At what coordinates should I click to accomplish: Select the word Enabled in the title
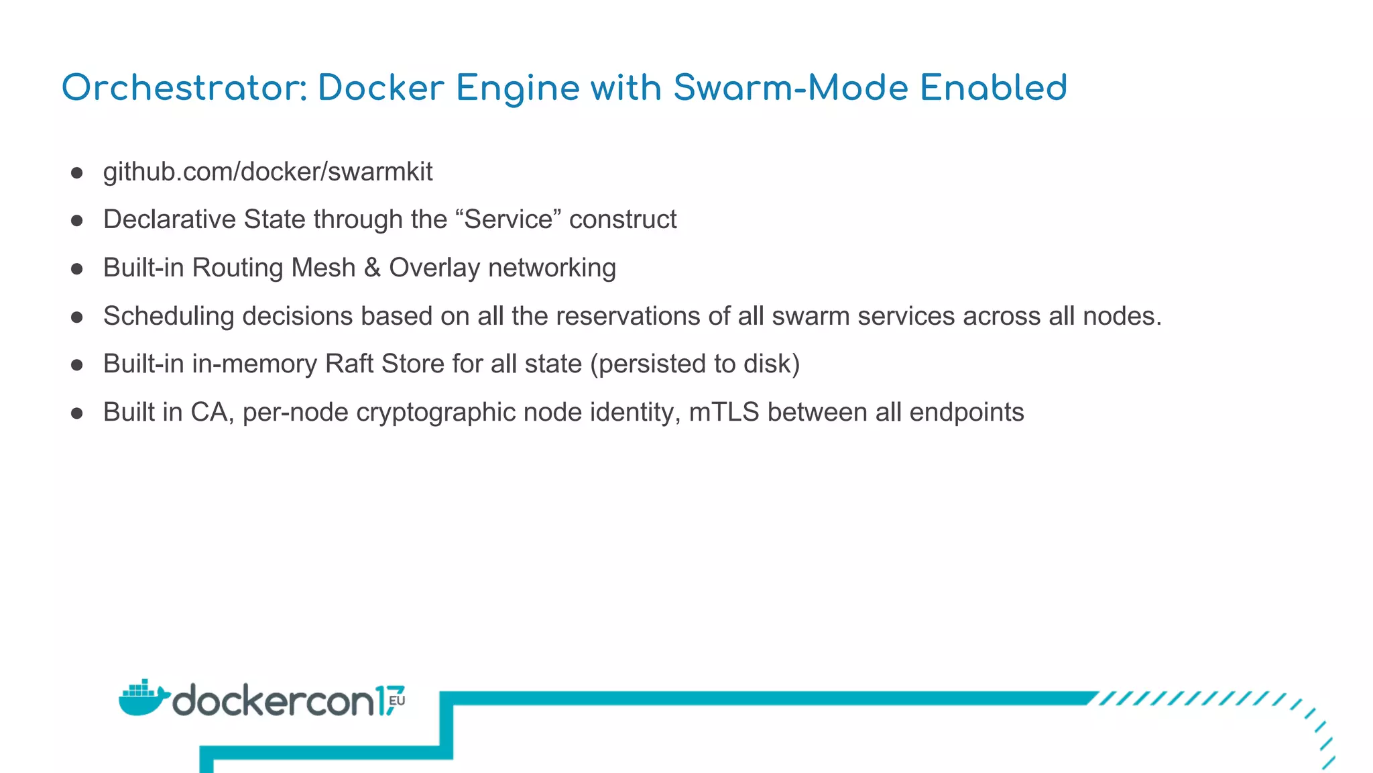click(993, 88)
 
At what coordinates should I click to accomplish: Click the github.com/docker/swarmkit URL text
click(267, 172)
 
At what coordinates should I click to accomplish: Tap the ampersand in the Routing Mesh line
click(372, 268)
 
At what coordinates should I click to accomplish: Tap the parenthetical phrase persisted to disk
click(695, 364)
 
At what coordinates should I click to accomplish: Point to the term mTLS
click(724, 412)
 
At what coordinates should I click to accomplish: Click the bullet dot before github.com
click(77, 173)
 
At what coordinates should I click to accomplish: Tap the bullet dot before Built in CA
click(77, 413)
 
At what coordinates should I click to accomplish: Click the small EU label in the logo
click(397, 701)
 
